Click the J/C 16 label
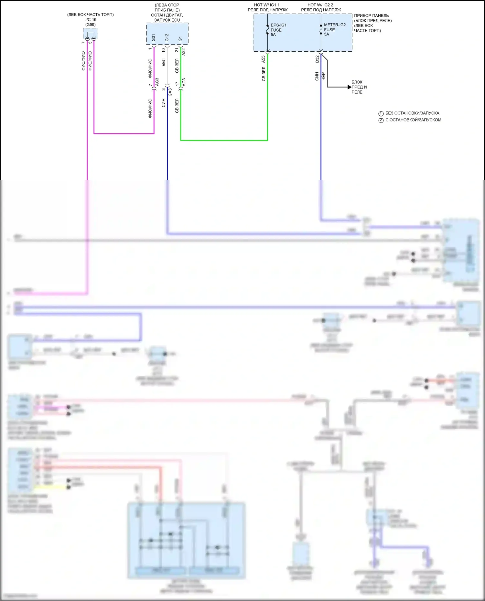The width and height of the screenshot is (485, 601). point(91,20)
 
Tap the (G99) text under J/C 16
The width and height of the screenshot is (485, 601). point(91,25)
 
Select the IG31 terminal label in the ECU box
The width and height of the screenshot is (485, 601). point(154,38)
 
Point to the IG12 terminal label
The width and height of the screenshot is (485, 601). point(167,38)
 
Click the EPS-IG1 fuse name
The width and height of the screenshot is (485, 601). point(278,25)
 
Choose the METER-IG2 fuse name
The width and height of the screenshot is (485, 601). point(335,25)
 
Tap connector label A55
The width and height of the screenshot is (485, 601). point(263,59)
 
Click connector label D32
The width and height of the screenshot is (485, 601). point(317,59)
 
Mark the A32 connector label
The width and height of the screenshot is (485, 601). point(184,52)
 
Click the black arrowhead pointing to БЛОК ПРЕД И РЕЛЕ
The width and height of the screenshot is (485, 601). point(349,87)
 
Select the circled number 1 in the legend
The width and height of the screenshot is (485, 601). point(381,114)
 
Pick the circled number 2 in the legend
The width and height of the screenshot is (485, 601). point(381,120)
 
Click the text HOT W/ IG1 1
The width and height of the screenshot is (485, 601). point(267,5)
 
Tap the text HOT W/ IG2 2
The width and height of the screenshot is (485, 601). point(320,5)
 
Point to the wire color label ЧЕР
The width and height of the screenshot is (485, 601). point(324,77)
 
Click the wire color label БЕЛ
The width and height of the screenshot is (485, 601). point(164,62)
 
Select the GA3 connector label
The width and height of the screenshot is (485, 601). point(170,92)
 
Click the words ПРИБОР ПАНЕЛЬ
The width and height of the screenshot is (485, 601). point(371,16)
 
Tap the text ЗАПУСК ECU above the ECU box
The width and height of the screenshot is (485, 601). point(167,20)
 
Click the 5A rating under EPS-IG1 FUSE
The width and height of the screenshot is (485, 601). point(273,35)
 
